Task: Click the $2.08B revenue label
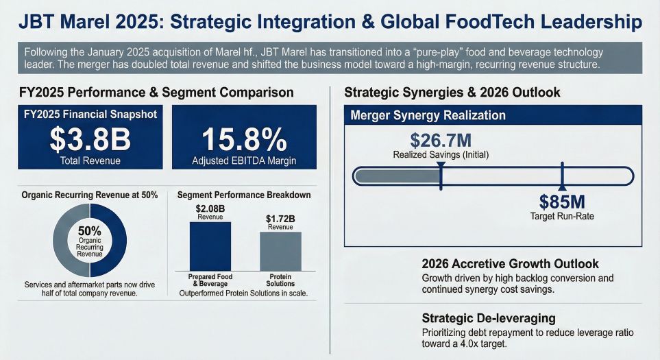(210, 208)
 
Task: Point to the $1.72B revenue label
(280, 219)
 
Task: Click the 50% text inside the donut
(90, 230)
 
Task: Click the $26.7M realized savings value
(441, 141)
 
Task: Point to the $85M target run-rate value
(561, 202)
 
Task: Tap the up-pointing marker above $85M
(562, 187)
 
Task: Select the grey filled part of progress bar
(398, 176)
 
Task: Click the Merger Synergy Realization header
(428, 115)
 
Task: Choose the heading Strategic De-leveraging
(489, 318)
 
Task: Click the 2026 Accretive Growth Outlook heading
(510, 264)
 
